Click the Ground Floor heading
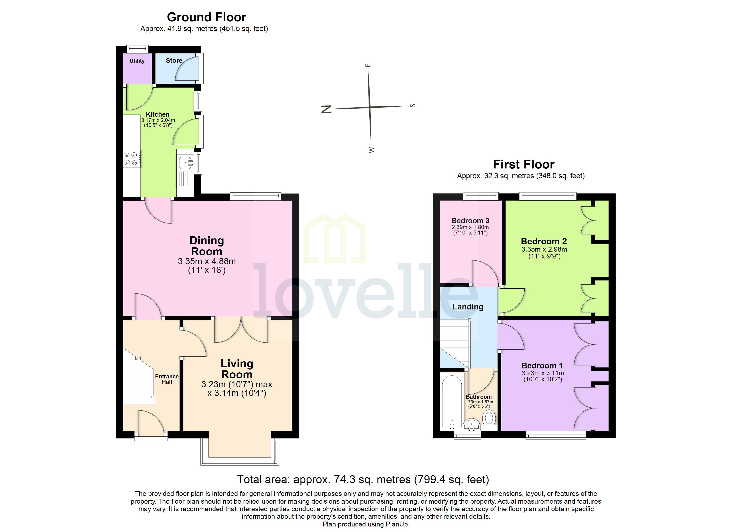206,17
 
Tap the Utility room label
137,61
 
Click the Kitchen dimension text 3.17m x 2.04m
158,120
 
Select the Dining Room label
207,246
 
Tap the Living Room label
237,369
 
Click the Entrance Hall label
167,379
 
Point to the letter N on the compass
326,109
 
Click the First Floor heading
523,164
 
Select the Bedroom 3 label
470,221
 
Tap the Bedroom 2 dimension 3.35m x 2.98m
544,249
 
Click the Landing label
468,307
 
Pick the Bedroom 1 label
542,366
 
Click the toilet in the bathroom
489,418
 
